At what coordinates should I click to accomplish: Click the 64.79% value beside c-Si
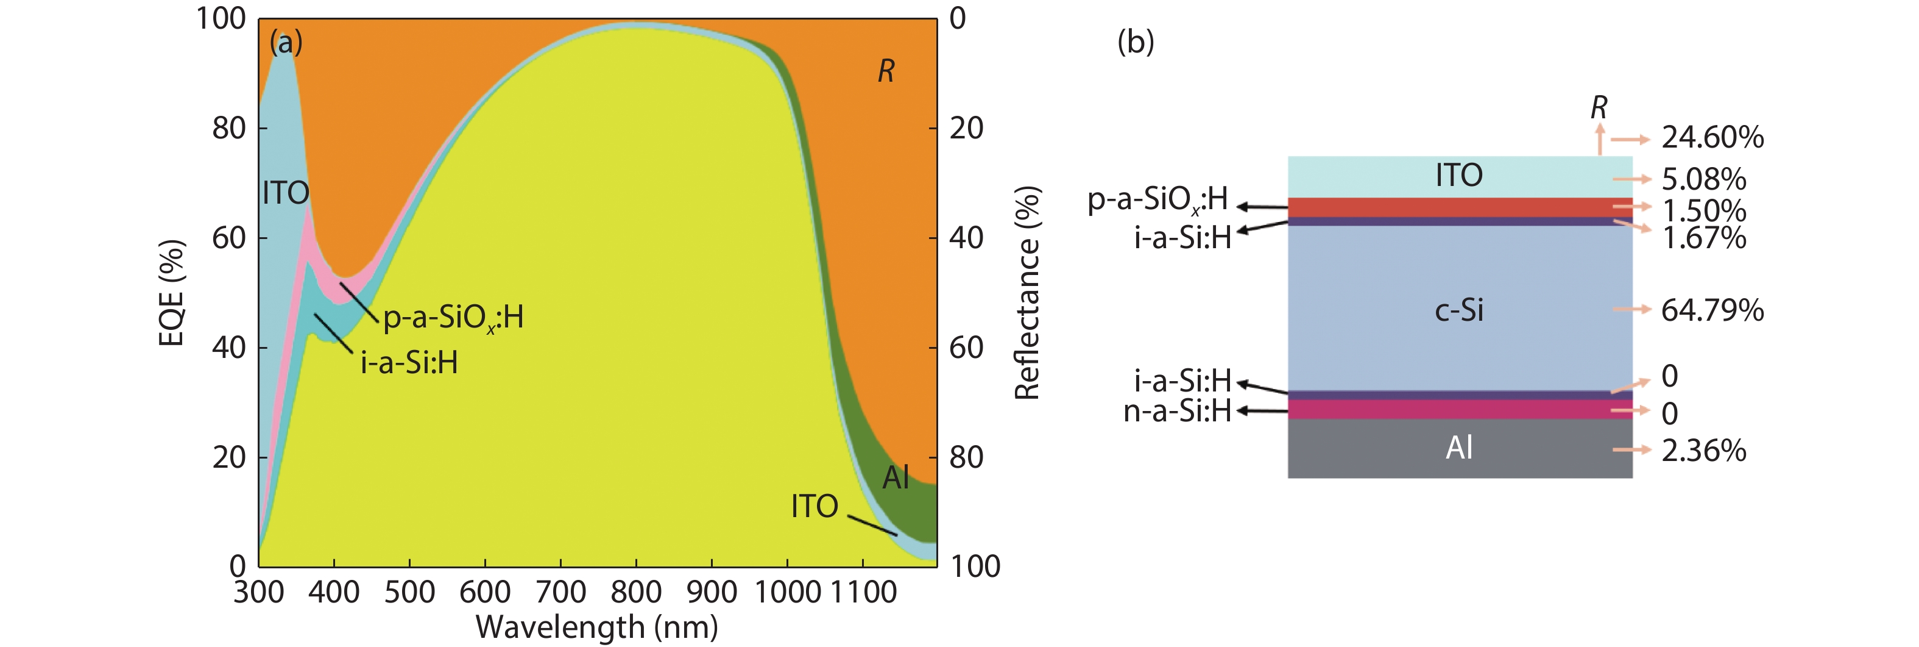coord(1712,310)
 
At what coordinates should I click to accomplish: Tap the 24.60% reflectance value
coord(1712,138)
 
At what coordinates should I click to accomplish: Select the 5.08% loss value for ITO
coord(1704,180)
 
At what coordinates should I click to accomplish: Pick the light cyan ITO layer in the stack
coord(1460,176)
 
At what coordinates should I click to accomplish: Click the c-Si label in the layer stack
coord(1458,310)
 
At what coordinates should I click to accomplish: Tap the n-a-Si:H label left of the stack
coord(1177,411)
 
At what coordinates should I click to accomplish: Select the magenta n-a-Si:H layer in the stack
coord(1460,409)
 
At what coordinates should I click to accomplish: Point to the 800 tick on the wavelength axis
coord(635,593)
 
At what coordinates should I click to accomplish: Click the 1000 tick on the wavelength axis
coord(788,593)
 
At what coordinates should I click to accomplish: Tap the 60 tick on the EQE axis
coord(228,238)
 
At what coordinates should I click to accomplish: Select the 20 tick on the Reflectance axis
coord(966,129)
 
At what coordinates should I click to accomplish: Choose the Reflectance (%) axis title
coord(1027,293)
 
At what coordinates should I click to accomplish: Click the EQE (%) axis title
coord(171,293)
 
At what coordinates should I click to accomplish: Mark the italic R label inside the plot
coord(885,71)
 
